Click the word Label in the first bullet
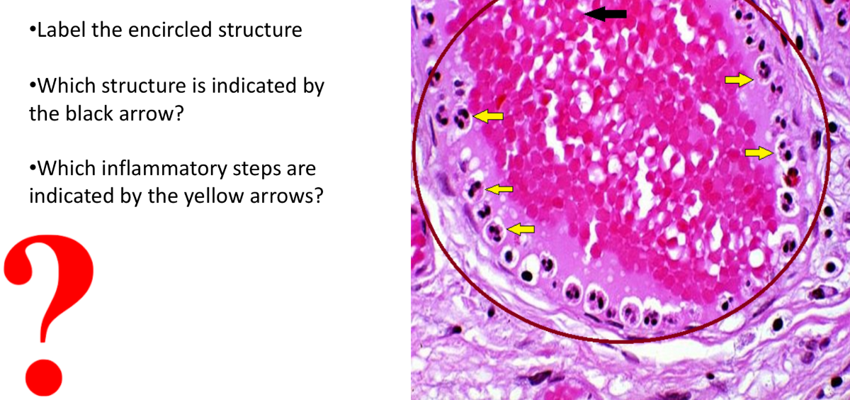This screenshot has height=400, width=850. pyautogui.click(x=59, y=30)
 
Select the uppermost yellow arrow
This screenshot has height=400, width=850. pyautogui.click(x=738, y=80)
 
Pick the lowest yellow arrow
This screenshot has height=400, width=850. pyautogui.click(x=522, y=228)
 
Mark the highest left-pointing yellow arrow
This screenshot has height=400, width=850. pyautogui.click(x=488, y=116)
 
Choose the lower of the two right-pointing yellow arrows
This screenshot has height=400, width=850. pyautogui.click(x=759, y=152)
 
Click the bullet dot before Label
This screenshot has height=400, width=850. pyautogui.click(x=32, y=31)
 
